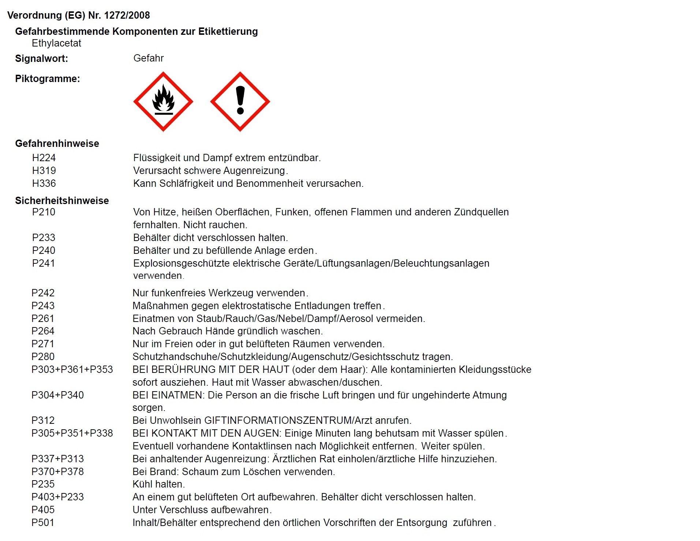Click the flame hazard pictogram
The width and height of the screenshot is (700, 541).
coord(163,101)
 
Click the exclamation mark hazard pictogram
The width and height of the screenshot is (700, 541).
coord(240,101)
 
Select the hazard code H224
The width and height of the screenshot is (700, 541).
coord(44,158)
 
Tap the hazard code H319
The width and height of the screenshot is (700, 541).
coord(44,171)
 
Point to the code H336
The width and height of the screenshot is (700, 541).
coord(44,184)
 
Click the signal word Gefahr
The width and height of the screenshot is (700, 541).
coord(148,58)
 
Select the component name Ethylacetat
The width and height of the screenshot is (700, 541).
coord(56,43)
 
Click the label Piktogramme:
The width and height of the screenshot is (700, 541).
coord(47,79)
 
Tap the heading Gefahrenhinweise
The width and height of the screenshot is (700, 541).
coord(57,144)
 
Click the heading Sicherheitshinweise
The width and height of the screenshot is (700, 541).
coord(62,201)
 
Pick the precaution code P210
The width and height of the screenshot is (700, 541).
coord(44,212)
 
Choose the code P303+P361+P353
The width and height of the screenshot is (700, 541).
coord(72,370)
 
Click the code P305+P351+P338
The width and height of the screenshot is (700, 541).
coord(72,433)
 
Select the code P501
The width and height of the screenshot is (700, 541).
coord(43,523)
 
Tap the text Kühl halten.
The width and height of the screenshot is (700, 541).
coord(158,484)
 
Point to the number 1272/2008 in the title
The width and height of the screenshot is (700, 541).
coord(127,15)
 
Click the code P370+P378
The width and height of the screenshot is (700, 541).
coord(57,472)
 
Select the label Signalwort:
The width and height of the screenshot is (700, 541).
coord(41,59)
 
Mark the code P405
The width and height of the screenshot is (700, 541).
coord(43,510)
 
